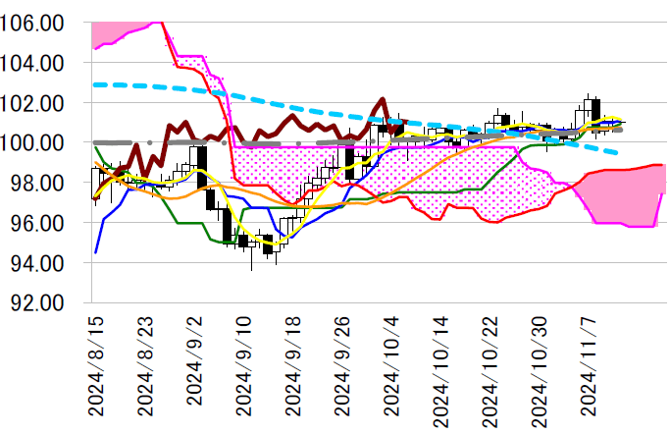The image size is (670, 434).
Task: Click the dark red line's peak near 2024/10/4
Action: [382, 98]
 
